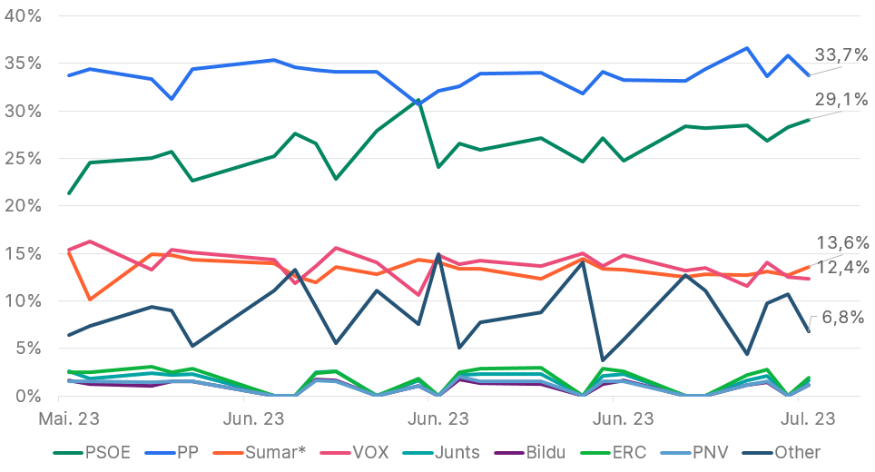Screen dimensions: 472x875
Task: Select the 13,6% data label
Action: click(841, 242)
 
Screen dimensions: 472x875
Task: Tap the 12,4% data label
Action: click(841, 268)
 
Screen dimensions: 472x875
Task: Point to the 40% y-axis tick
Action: click(23, 16)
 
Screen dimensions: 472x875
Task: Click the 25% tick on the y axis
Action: click(23, 159)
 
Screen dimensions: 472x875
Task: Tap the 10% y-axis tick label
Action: click(23, 300)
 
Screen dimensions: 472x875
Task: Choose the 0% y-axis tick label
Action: click(28, 396)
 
